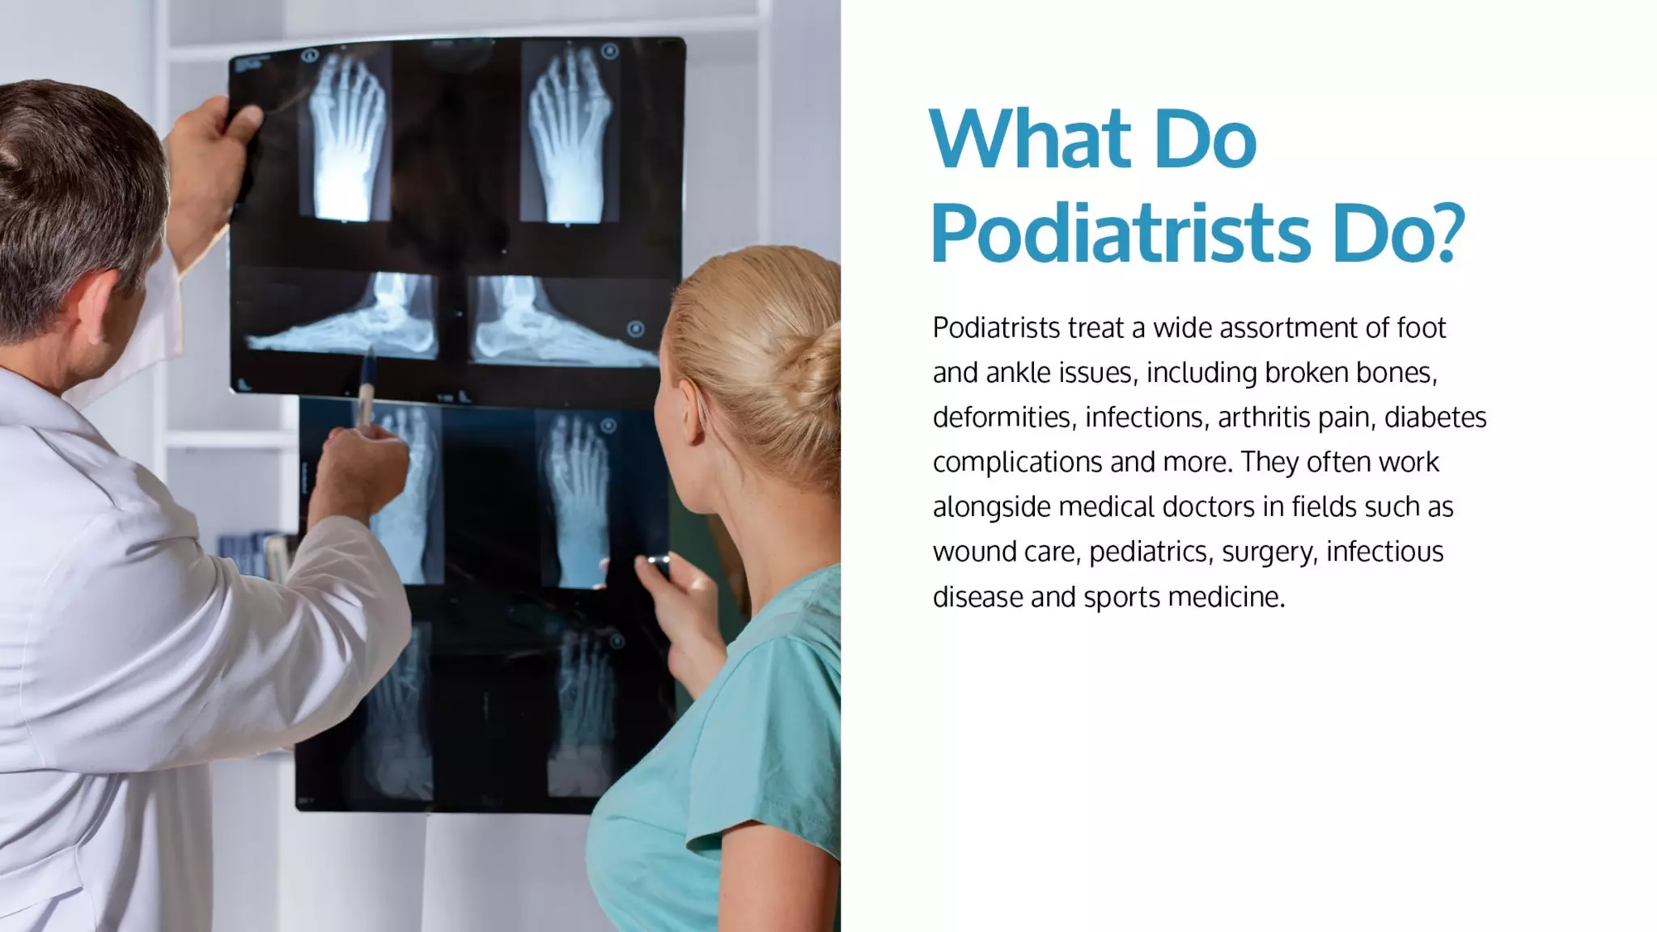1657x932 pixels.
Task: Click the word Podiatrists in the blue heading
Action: coord(1120,233)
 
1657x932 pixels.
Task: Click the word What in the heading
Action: coord(1029,139)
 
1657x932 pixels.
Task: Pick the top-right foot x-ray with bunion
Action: coord(569,133)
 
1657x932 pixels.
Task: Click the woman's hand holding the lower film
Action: coord(680,599)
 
